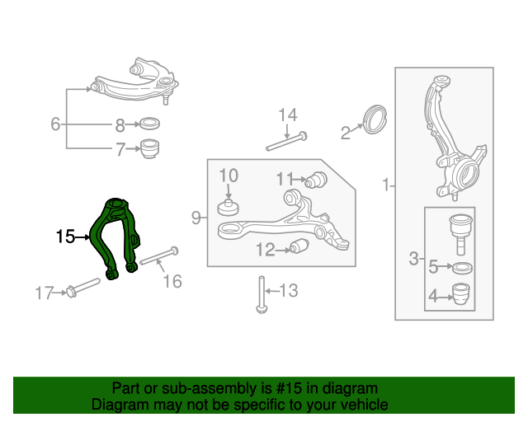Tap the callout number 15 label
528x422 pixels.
pos(65,237)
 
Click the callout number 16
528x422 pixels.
pos(171,282)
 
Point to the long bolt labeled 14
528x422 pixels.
pos(285,141)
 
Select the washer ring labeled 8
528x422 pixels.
pos(148,125)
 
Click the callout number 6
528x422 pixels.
pos(55,125)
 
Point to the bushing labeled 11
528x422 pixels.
pos(317,180)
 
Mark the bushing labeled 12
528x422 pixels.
pos(299,246)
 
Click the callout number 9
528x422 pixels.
pos(196,218)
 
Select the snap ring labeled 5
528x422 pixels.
pos(462,267)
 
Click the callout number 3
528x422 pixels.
pos(414,260)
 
